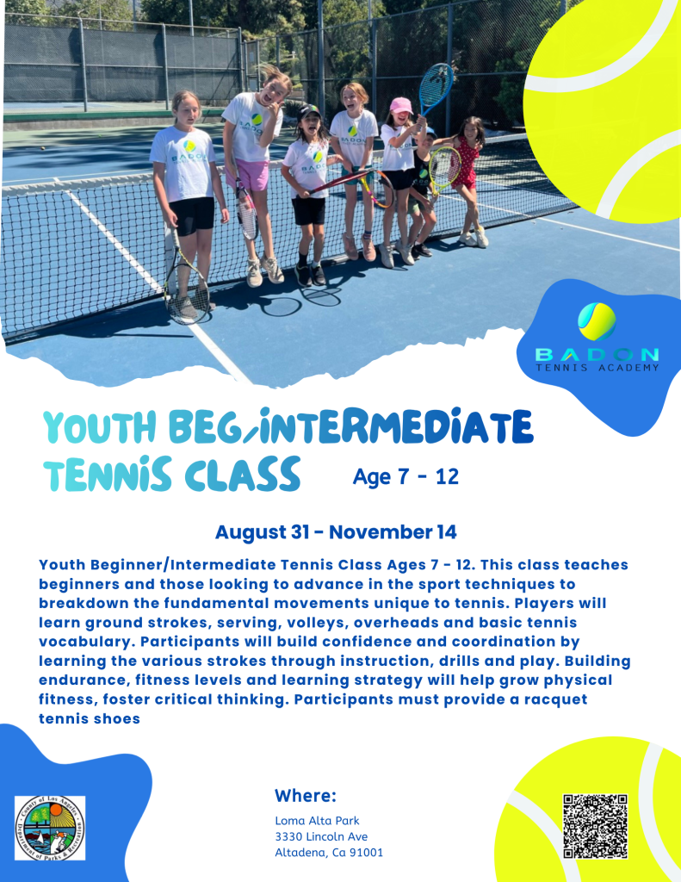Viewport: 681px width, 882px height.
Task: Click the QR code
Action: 595,826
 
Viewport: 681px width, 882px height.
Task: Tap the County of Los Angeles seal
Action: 50,828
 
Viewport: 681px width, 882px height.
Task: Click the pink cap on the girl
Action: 400,105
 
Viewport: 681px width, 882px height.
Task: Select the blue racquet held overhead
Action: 436,87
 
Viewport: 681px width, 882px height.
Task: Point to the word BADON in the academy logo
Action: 597,355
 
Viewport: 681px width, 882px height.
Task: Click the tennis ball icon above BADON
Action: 597,322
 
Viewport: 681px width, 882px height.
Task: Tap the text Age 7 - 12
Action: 406,477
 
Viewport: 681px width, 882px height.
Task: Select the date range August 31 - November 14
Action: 336,532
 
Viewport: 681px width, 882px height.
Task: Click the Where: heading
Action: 306,795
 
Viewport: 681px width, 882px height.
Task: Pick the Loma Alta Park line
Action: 317,821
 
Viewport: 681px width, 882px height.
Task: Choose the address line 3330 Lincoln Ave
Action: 321,836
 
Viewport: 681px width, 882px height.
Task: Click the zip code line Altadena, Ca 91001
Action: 329,853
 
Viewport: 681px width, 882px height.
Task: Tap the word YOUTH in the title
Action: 99,427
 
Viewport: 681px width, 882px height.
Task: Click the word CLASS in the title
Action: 242,474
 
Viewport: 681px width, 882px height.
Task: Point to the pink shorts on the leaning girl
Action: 249,174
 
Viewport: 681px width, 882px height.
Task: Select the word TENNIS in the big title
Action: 108,474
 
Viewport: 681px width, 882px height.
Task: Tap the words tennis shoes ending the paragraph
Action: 90,719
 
